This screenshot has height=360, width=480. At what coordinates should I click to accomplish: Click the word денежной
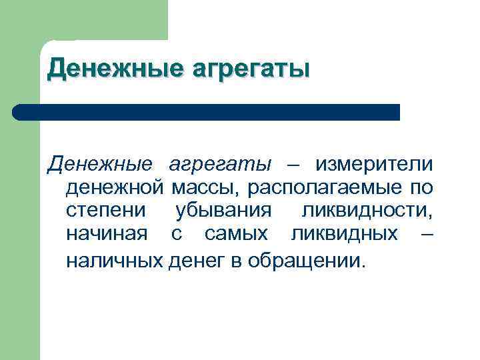114,188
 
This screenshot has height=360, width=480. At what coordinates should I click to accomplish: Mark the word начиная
107,235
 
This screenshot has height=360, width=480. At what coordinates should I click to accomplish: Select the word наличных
114,259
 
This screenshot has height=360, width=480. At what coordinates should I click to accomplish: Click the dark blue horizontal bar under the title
207,112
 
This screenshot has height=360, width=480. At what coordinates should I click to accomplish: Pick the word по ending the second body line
423,189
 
